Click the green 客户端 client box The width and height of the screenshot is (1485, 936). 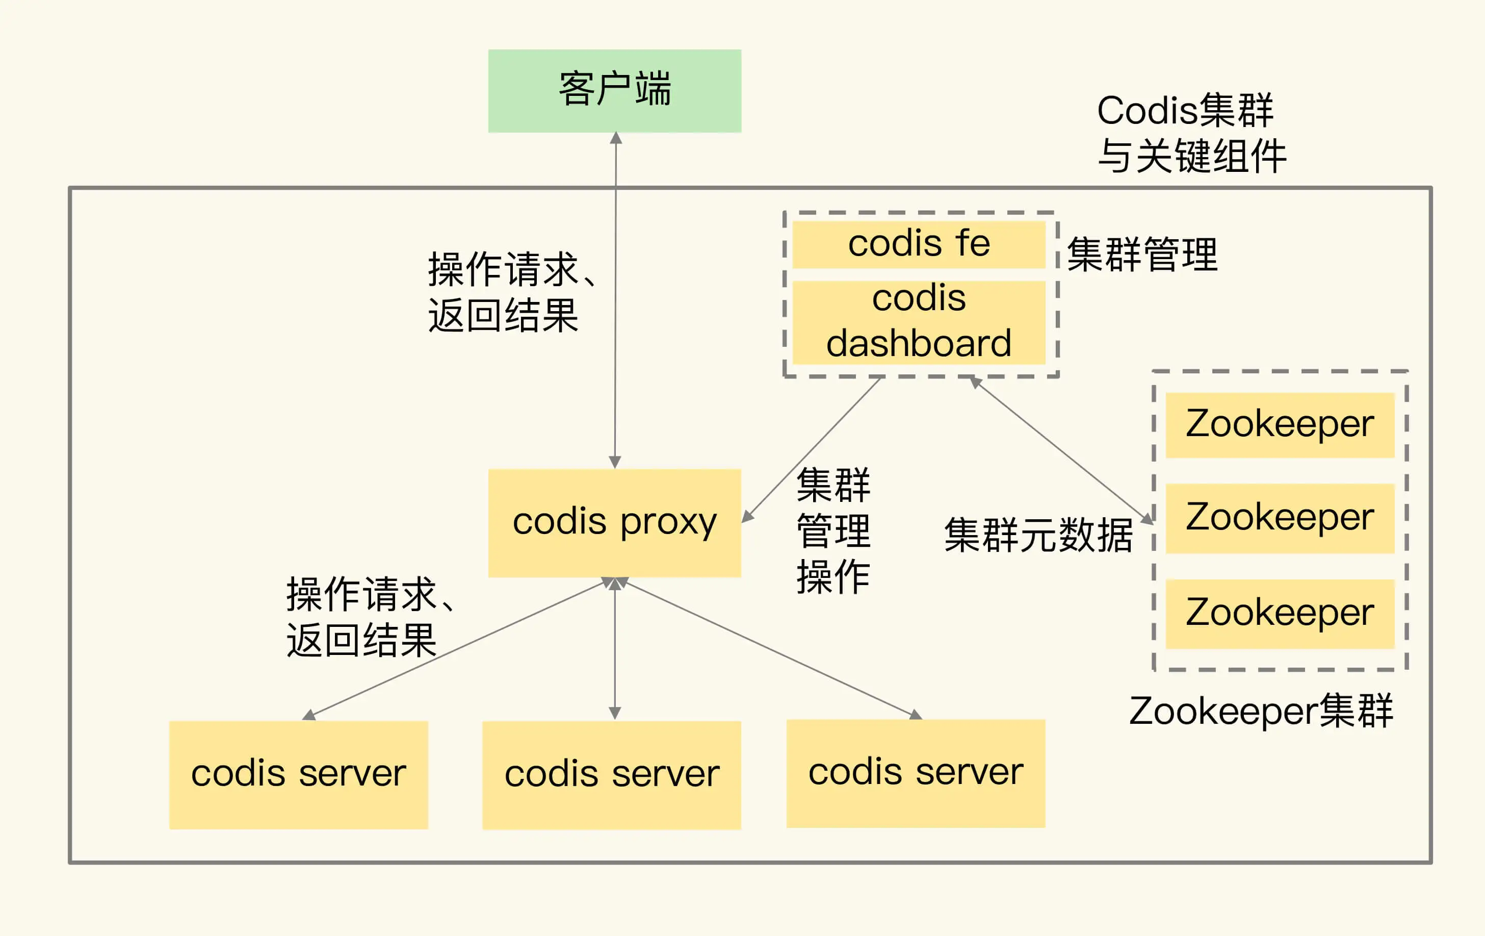click(614, 91)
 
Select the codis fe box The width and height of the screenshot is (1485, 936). click(918, 244)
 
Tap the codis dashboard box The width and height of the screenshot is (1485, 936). click(918, 322)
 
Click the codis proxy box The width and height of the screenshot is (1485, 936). click(614, 523)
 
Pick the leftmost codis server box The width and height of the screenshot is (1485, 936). click(299, 774)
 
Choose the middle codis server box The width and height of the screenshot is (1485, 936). click(611, 775)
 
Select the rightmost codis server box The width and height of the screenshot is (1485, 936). click(916, 773)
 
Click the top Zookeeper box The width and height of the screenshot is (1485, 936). click(1280, 424)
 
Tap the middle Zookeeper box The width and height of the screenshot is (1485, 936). click(1280, 518)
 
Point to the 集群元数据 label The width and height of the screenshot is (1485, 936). click(1038, 535)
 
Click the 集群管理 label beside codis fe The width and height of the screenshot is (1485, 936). click(1142, 254)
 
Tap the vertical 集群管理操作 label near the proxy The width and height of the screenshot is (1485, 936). click(833, 531)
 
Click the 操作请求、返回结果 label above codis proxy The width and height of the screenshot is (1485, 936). click(511, 292)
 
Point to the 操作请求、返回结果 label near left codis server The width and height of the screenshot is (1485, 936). click(369, 617)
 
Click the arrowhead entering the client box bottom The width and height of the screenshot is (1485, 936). click(615, 138)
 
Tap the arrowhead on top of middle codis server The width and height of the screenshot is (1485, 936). click(614, 713)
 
